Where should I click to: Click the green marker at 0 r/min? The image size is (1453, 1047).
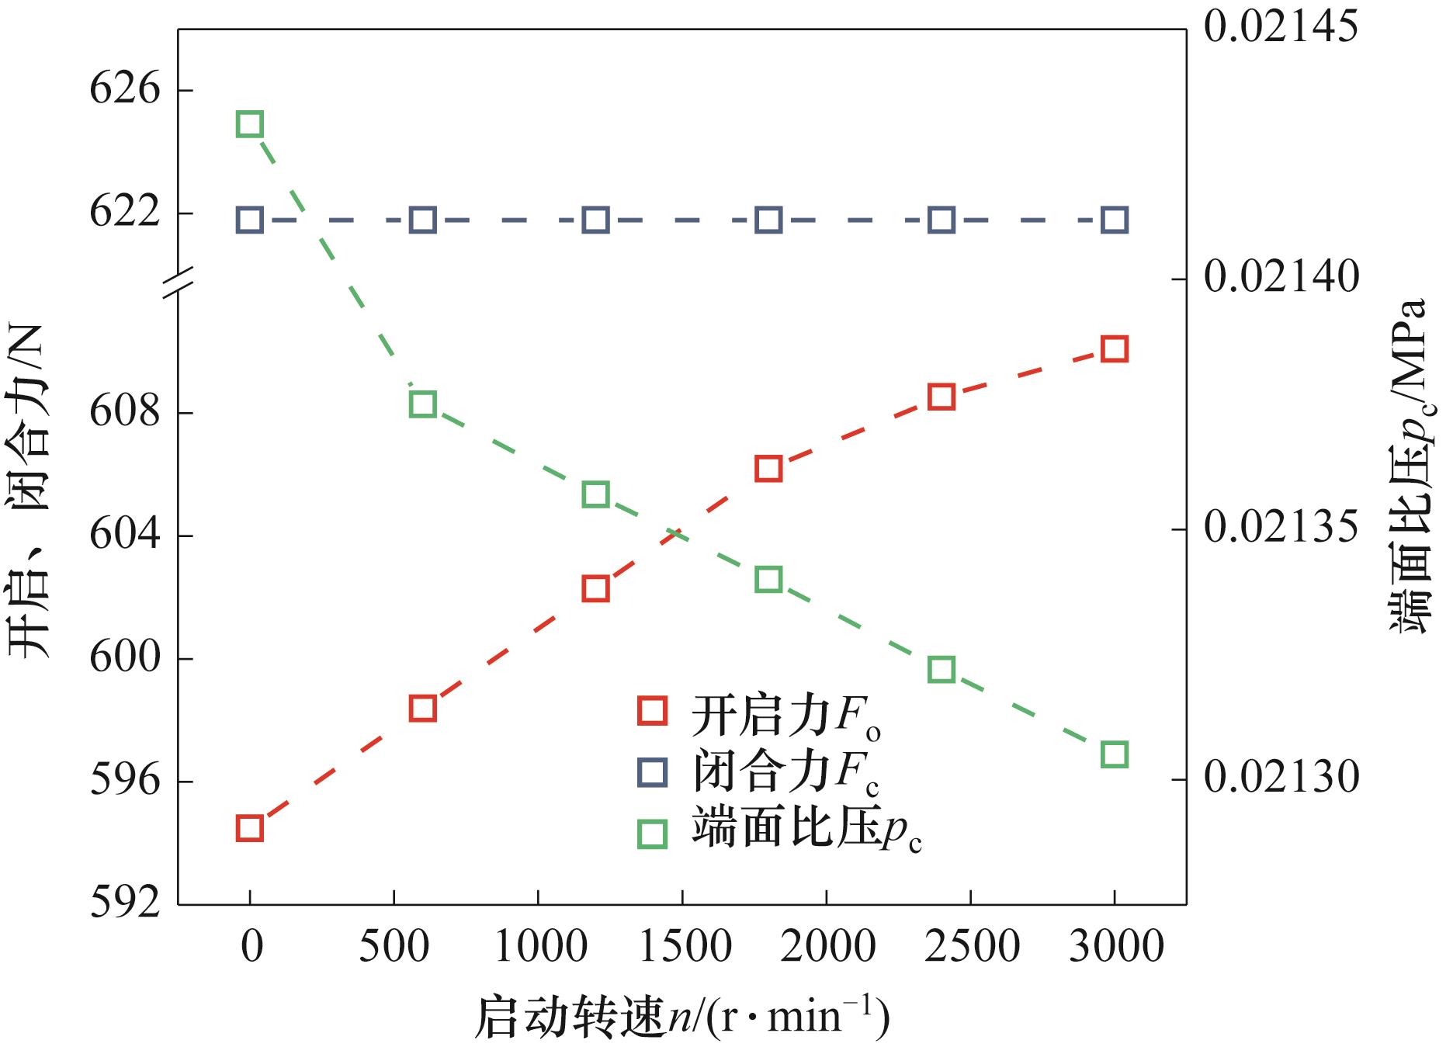click(249, 124)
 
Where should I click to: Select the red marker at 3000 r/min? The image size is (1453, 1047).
click(1115, 349)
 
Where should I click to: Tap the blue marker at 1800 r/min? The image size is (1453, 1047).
click(768, 221)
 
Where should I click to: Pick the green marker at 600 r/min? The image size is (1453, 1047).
click(422, 404)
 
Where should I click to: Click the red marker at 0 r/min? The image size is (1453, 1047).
click(249, 829)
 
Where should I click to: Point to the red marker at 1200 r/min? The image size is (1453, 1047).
click(595, 589)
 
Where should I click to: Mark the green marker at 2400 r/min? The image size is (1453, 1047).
click(942, 669)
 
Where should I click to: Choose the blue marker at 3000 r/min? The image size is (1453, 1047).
click(1115, 221)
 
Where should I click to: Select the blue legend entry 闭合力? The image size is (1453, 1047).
click(758, 773)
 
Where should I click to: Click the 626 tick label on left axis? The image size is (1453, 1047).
click(125, 90)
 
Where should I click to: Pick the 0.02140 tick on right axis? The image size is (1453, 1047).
click(1281, 279)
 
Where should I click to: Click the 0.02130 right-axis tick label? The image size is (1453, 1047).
click(1281, 778)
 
